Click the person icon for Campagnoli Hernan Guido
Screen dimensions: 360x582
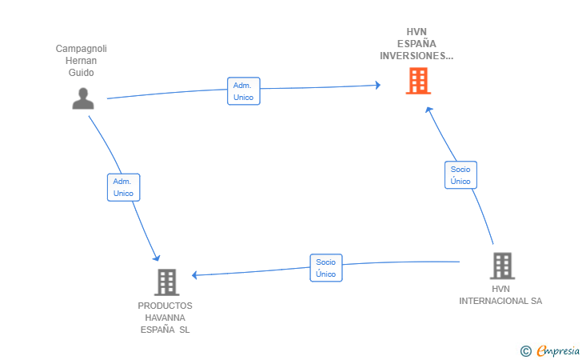point(83,98)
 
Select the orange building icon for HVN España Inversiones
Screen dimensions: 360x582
point(417,81)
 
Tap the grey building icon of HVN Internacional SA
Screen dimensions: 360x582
point(501,266)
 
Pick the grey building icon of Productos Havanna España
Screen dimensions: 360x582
point(166,282)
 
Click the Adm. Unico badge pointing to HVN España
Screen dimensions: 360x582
point(243,91)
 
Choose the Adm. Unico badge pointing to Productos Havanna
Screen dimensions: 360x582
point(123,187)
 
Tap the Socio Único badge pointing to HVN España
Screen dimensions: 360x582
point(460,175)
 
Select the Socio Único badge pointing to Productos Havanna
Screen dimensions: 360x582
point(325,268)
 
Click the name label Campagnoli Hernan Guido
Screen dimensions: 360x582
point(81,61)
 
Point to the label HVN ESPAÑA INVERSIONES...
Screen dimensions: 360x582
point(417,45)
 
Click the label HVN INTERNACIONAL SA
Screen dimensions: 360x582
point(500,294)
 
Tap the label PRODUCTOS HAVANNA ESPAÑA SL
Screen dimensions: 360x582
point(165,318)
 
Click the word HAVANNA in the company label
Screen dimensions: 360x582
point(165,318)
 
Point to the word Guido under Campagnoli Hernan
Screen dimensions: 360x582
point(81,73)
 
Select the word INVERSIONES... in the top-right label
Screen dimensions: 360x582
point(417,56)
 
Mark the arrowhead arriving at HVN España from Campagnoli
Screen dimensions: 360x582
point(377,84)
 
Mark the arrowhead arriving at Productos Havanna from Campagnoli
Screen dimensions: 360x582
point(157,258)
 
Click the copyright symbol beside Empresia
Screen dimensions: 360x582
point(525,350)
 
